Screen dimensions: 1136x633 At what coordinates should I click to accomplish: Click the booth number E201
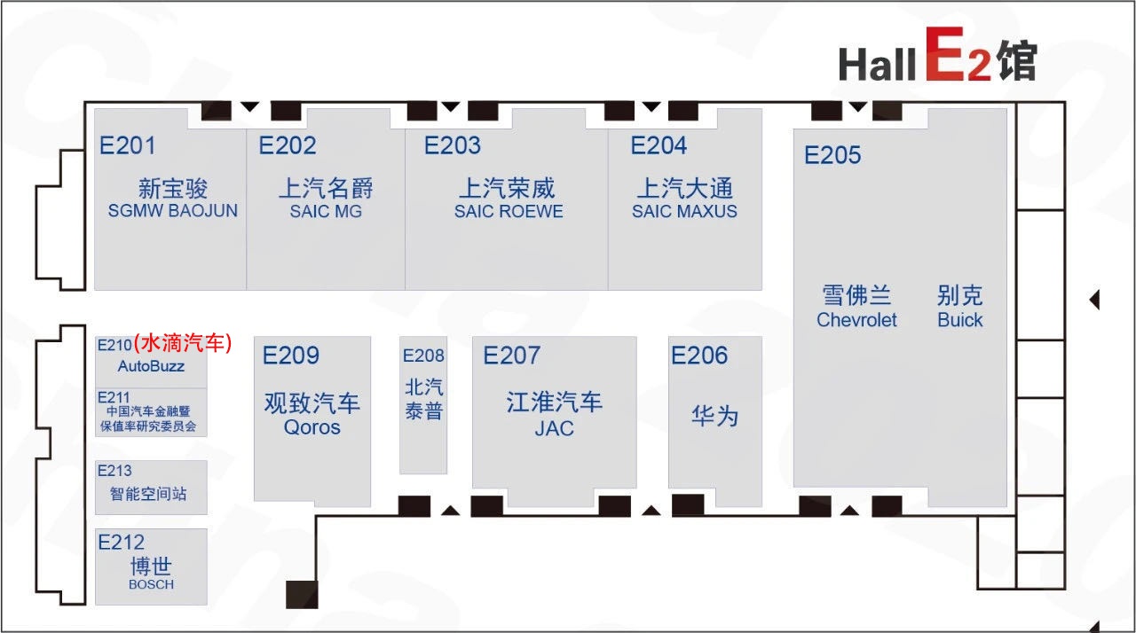pos(128,145)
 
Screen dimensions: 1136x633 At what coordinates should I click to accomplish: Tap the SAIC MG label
pos(326,212)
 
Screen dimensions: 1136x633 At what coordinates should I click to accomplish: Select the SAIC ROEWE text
pos(509,212)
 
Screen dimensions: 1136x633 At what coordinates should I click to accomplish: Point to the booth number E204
pos(659,145)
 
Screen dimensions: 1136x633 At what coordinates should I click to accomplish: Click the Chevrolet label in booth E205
pos(856,320)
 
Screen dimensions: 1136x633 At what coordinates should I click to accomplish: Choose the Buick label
pos(960,320)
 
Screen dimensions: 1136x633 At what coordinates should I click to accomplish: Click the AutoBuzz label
pos(151,366)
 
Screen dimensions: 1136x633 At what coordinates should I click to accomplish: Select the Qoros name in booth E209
pos(312,427)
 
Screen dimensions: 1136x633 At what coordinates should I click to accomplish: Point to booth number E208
pos(423,356)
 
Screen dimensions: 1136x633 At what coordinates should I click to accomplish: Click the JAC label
pos(554,428)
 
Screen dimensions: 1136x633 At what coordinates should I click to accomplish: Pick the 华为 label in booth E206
pos(714,416)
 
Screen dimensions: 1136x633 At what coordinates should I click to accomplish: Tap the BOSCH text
pos(151,584)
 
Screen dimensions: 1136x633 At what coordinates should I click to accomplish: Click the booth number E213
pos(114,471)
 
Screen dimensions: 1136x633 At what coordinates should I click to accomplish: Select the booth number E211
pos(114,396)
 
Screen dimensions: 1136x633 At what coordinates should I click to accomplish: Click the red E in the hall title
pos(946,56)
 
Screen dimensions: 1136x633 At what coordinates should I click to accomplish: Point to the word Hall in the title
pos(877,65)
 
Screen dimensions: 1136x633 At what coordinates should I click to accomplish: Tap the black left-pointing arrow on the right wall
pos(1094,300)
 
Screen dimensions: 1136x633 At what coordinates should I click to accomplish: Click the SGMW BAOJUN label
pos(173,212)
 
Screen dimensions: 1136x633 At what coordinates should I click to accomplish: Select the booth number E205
pos(832,155)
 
